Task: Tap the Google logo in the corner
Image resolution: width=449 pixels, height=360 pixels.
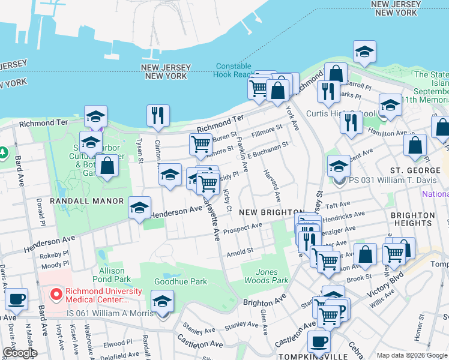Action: point(20,353)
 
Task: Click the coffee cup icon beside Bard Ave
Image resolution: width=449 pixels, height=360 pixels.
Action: point(16,299)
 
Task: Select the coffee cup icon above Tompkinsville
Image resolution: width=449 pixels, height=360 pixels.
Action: point(319,341)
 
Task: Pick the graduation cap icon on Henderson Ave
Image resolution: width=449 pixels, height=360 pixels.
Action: point(140,208)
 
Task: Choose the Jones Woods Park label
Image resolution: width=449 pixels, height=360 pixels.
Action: point(267,276)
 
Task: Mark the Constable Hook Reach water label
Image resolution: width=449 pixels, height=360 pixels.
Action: point(235,70)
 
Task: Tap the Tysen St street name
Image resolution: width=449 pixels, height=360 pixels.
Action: point(139,152)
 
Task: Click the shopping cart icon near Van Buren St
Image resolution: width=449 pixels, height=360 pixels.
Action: point(200,144)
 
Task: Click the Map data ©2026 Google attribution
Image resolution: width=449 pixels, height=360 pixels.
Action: point(412,355)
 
